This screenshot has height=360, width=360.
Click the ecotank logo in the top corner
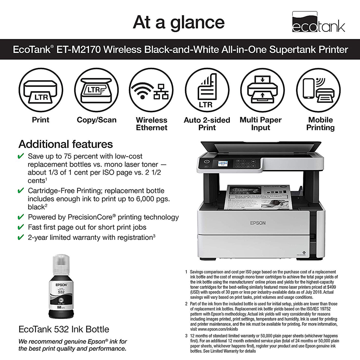(x=318, y=22)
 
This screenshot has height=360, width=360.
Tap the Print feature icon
(x=41, y=91)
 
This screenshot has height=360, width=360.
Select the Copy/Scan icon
(x=97, y=91)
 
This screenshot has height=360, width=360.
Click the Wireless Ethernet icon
(x=152, y=91)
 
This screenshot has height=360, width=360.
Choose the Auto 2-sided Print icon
(x=207, y=91)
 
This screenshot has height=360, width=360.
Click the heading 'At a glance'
(x=178, y=22)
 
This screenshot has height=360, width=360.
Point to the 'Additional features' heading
(x=65, y=144)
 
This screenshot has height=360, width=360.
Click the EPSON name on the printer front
(x=258, y=223)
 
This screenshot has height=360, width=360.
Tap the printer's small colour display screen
(x=223, y=163)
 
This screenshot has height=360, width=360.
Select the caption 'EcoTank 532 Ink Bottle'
(x=64, y=329)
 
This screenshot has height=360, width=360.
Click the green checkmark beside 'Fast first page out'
(x=21, y=227)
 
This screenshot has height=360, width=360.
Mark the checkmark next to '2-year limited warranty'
(x=21, y=237)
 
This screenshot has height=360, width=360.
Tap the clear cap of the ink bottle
(x=62, y=266)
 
